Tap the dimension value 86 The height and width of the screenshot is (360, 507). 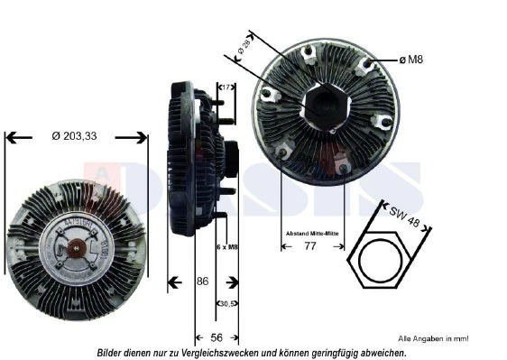(x=203, y=282)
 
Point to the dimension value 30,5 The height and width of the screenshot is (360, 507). (x=227, y=304)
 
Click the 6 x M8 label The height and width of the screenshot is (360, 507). (x=228, y=246)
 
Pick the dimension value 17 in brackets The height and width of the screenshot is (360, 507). (x=226, y=88)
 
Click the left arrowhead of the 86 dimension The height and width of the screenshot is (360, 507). (x=172, y=282)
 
